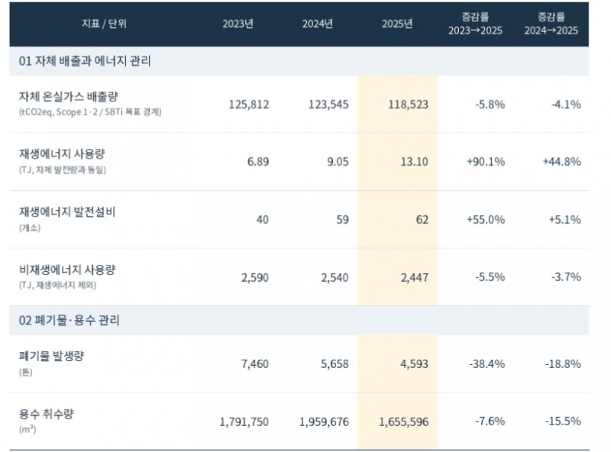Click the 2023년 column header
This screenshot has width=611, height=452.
tap(238, 24)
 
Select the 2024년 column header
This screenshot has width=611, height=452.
tap(318, 24)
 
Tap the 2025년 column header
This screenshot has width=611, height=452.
tap(397, 24)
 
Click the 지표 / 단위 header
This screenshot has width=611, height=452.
tap(104, 24)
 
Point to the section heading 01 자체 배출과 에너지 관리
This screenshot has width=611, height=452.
tap(85, 61)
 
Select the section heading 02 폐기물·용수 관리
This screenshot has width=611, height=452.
tap(69, 321)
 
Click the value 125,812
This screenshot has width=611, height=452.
tap(249, 105)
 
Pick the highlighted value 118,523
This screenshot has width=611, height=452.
tap(408, 105)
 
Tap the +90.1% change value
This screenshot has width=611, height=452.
tap(486, 162)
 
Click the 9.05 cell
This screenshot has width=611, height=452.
tap(338, 162)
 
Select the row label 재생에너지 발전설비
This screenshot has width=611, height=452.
tap(67, 212)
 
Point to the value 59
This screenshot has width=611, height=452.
tap(342, 220)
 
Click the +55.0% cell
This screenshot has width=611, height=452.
tap(486, 220)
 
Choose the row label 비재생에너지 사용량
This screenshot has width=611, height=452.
tap(67, 270)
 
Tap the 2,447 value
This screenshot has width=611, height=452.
tap(415, 277)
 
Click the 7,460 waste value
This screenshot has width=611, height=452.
tap(255, 364)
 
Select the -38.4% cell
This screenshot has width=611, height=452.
tap(487, 364)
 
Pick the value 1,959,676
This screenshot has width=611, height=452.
tap(324, 422)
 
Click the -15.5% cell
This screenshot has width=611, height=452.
tap(563, 421)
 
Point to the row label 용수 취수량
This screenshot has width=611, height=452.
tap(46, 414)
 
